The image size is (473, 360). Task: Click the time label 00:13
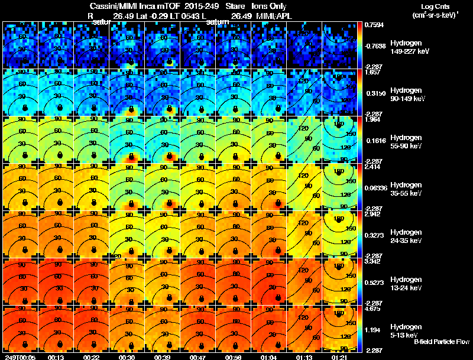[56, 357]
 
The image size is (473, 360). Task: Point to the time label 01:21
[340, 357]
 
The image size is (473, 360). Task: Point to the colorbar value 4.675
[374, 309]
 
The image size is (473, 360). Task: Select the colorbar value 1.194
[374, 329]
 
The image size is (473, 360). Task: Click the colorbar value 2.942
[374, 214]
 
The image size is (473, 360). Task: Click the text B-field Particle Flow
[441, 342]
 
